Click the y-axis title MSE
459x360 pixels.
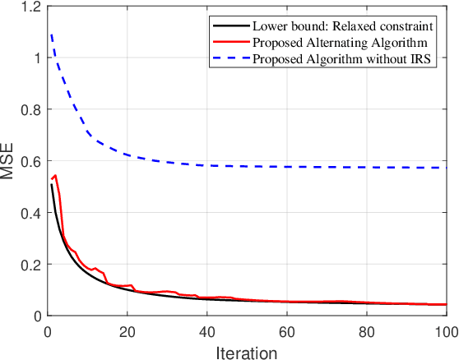click(x=11, y=161)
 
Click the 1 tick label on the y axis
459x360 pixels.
click(x=35, y=58)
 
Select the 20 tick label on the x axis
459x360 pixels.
click(x=127, y=330)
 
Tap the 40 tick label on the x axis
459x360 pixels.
click(x=206, y=330)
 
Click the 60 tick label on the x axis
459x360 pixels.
click(x=286, y=330)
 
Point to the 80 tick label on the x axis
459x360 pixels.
click(x=366, y=330)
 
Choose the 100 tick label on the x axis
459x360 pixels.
click(x=444, y=330)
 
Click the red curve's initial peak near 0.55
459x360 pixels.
click(x=55, y=175)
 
